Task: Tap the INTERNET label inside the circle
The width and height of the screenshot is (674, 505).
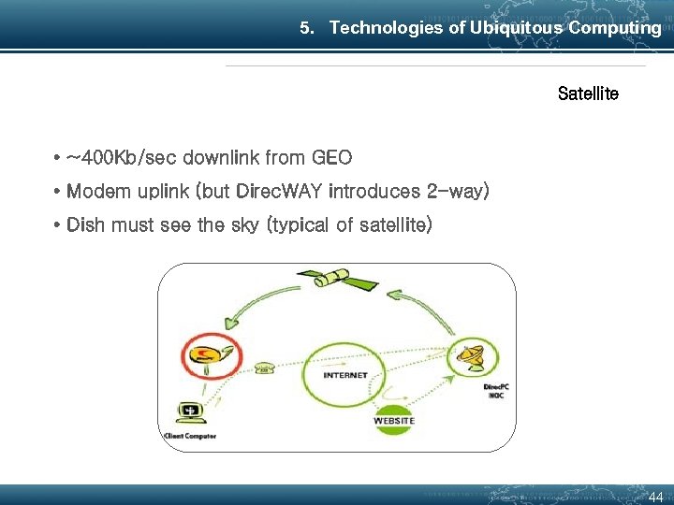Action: click(x=345, y=375)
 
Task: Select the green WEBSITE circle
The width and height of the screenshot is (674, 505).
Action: click(x=394, y=420)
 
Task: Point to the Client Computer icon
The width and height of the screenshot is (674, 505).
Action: click(x=190, y=412)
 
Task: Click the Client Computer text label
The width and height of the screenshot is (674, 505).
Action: click(x=189, y=436)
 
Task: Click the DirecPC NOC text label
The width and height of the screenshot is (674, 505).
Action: click(x=496, y=390)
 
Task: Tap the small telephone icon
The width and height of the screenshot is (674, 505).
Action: click(x=265, y=368)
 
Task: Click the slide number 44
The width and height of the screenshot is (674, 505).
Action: click(x=655, y=498)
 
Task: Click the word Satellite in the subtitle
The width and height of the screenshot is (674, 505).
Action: click(x=588, y=94)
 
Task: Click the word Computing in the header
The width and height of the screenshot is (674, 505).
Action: click(x=615, y=28)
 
